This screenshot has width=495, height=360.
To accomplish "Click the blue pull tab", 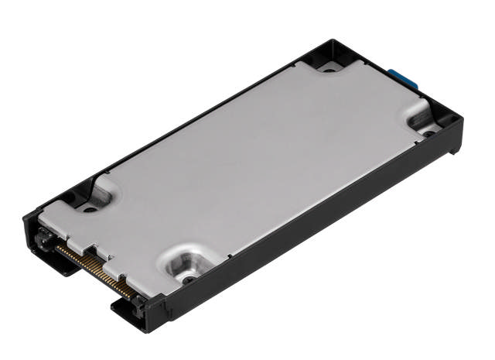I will pyautogui.click(x=403, y=78).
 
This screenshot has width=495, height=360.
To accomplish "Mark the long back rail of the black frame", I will pyautogui.click(x=193, y=128).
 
